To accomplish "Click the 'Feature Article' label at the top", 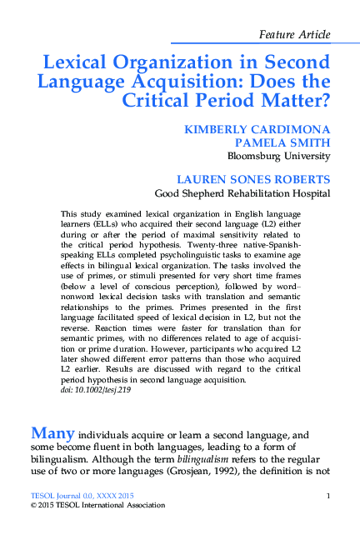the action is pos(295,34).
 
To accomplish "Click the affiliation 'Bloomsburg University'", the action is pos(278,156).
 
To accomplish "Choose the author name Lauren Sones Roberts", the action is pos(254,180).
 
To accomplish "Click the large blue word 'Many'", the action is pos(53,432).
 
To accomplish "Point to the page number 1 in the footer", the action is pos(330,497).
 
